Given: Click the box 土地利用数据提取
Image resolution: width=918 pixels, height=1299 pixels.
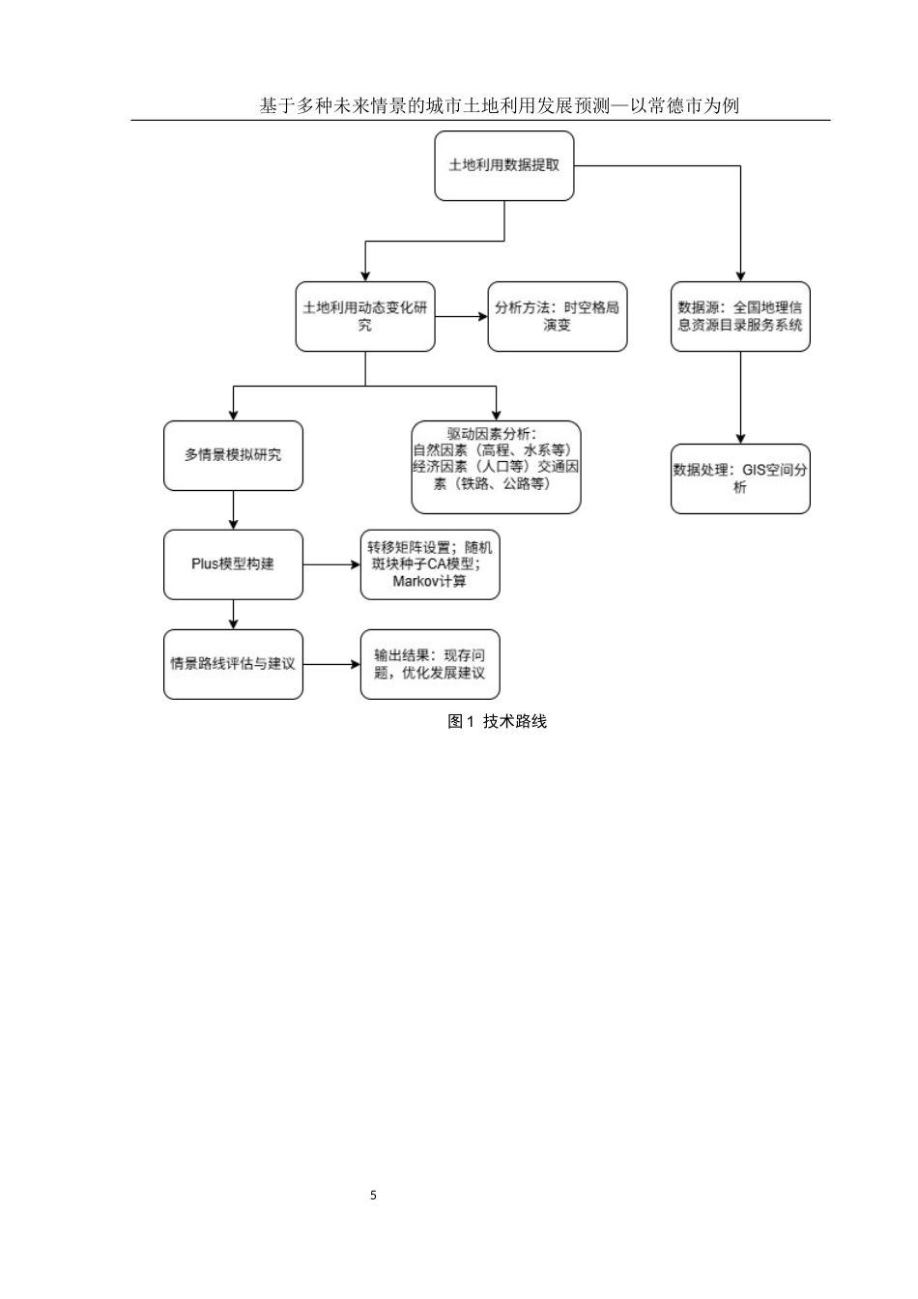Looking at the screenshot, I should pos(503,165).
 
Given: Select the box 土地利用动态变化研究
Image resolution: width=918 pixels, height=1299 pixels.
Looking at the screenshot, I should pos(364,316).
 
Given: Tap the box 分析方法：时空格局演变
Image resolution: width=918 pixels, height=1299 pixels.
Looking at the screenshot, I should pos(557,316).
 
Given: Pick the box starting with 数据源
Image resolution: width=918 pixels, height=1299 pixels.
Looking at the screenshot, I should pos(740,316).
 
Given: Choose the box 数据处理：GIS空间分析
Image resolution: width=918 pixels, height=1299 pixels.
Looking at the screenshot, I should pos(740,478).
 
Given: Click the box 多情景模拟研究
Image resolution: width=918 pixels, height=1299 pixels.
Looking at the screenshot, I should pos(233,455).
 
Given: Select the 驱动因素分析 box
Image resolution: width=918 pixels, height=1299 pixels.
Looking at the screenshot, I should pos(496,467).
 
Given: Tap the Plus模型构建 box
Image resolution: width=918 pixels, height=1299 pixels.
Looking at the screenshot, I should pos(233,564).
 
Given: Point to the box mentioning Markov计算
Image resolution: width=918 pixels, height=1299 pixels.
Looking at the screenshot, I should pos(430,564).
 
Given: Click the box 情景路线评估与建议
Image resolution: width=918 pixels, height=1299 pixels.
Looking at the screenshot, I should pos(233,664).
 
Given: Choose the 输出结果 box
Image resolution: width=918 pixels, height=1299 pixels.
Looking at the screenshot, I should pos(430,664).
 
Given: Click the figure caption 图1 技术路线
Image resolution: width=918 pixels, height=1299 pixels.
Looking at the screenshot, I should pos(498,721).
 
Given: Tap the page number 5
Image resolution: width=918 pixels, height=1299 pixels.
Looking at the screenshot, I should pos(374,1196).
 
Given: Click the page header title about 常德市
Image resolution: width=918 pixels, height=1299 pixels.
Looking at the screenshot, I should pos(500,105).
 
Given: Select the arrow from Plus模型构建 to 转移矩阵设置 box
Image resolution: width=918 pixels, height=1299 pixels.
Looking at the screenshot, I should pos(331,564).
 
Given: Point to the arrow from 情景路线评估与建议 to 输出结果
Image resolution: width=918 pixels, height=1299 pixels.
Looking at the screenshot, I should pos(331,664).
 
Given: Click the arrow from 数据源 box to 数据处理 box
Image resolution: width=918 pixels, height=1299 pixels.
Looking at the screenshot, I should pos(740,397).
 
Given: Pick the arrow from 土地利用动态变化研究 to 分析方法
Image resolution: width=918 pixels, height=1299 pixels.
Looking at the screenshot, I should pos(461,316).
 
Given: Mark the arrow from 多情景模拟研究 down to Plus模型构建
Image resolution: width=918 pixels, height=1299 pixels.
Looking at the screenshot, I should pos(233,510).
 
